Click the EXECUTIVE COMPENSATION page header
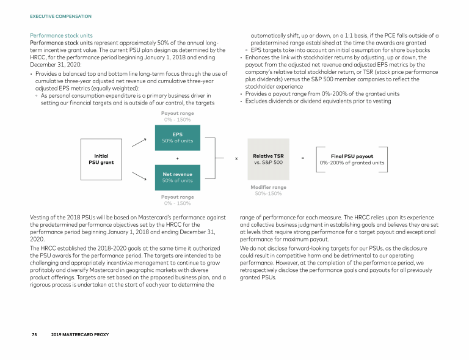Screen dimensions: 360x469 (x=60, y=17)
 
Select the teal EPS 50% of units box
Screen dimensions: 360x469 (x=177, y=138)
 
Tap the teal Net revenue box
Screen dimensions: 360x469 (x=177, y=177)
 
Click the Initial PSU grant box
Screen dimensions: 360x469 (x=101, y=159)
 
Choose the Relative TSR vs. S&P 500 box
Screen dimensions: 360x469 (x=268, y=159)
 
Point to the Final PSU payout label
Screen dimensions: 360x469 (x=352, y=156)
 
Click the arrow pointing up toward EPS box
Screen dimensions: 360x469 (x=139, y=142)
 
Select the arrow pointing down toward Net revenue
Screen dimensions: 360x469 (x=139, y=175)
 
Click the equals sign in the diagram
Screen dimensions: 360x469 (x=302, y=159)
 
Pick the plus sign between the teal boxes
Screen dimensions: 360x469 (x=177, y=159)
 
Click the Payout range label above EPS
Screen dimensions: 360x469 (x=177, y=114)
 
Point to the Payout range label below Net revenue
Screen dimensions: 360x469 (x=177, y=197)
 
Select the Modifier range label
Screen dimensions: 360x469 (x=268, y=187)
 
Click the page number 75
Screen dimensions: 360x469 (x=35, y=335)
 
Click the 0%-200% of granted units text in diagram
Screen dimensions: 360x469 (x=352, y=163)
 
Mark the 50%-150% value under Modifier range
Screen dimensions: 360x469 (x=268, y=194)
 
